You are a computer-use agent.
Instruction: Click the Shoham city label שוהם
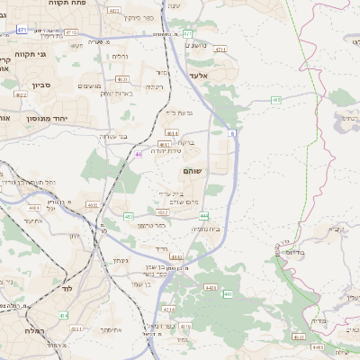(192, 169)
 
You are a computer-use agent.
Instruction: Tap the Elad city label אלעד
(199, 76)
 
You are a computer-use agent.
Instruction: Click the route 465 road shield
(276, 99)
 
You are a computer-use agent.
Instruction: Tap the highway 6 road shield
(231, 133)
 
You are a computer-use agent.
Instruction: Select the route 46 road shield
(139, 154)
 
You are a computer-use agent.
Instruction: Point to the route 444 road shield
(205, 216)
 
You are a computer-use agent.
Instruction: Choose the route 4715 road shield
(71, 31)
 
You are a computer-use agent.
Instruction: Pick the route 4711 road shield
(220, 50)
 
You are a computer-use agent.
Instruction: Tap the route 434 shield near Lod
(64, 315)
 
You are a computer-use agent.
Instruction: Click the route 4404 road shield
(211, 287)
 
